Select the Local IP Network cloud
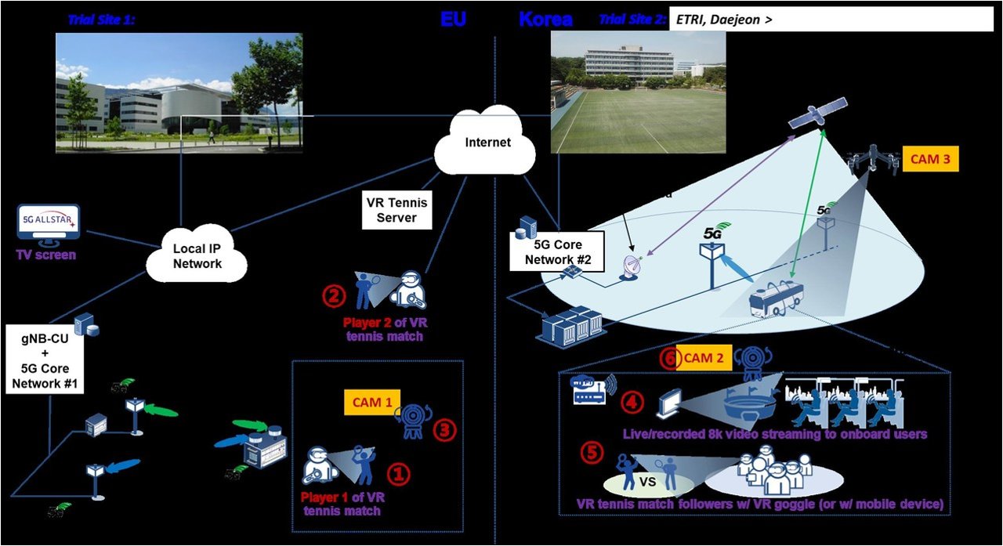197,255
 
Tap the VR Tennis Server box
396,209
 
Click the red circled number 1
400,472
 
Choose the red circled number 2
334,297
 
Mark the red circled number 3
444,429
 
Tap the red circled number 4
632,403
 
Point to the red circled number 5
592,454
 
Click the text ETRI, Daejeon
719,20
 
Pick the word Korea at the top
545,19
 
